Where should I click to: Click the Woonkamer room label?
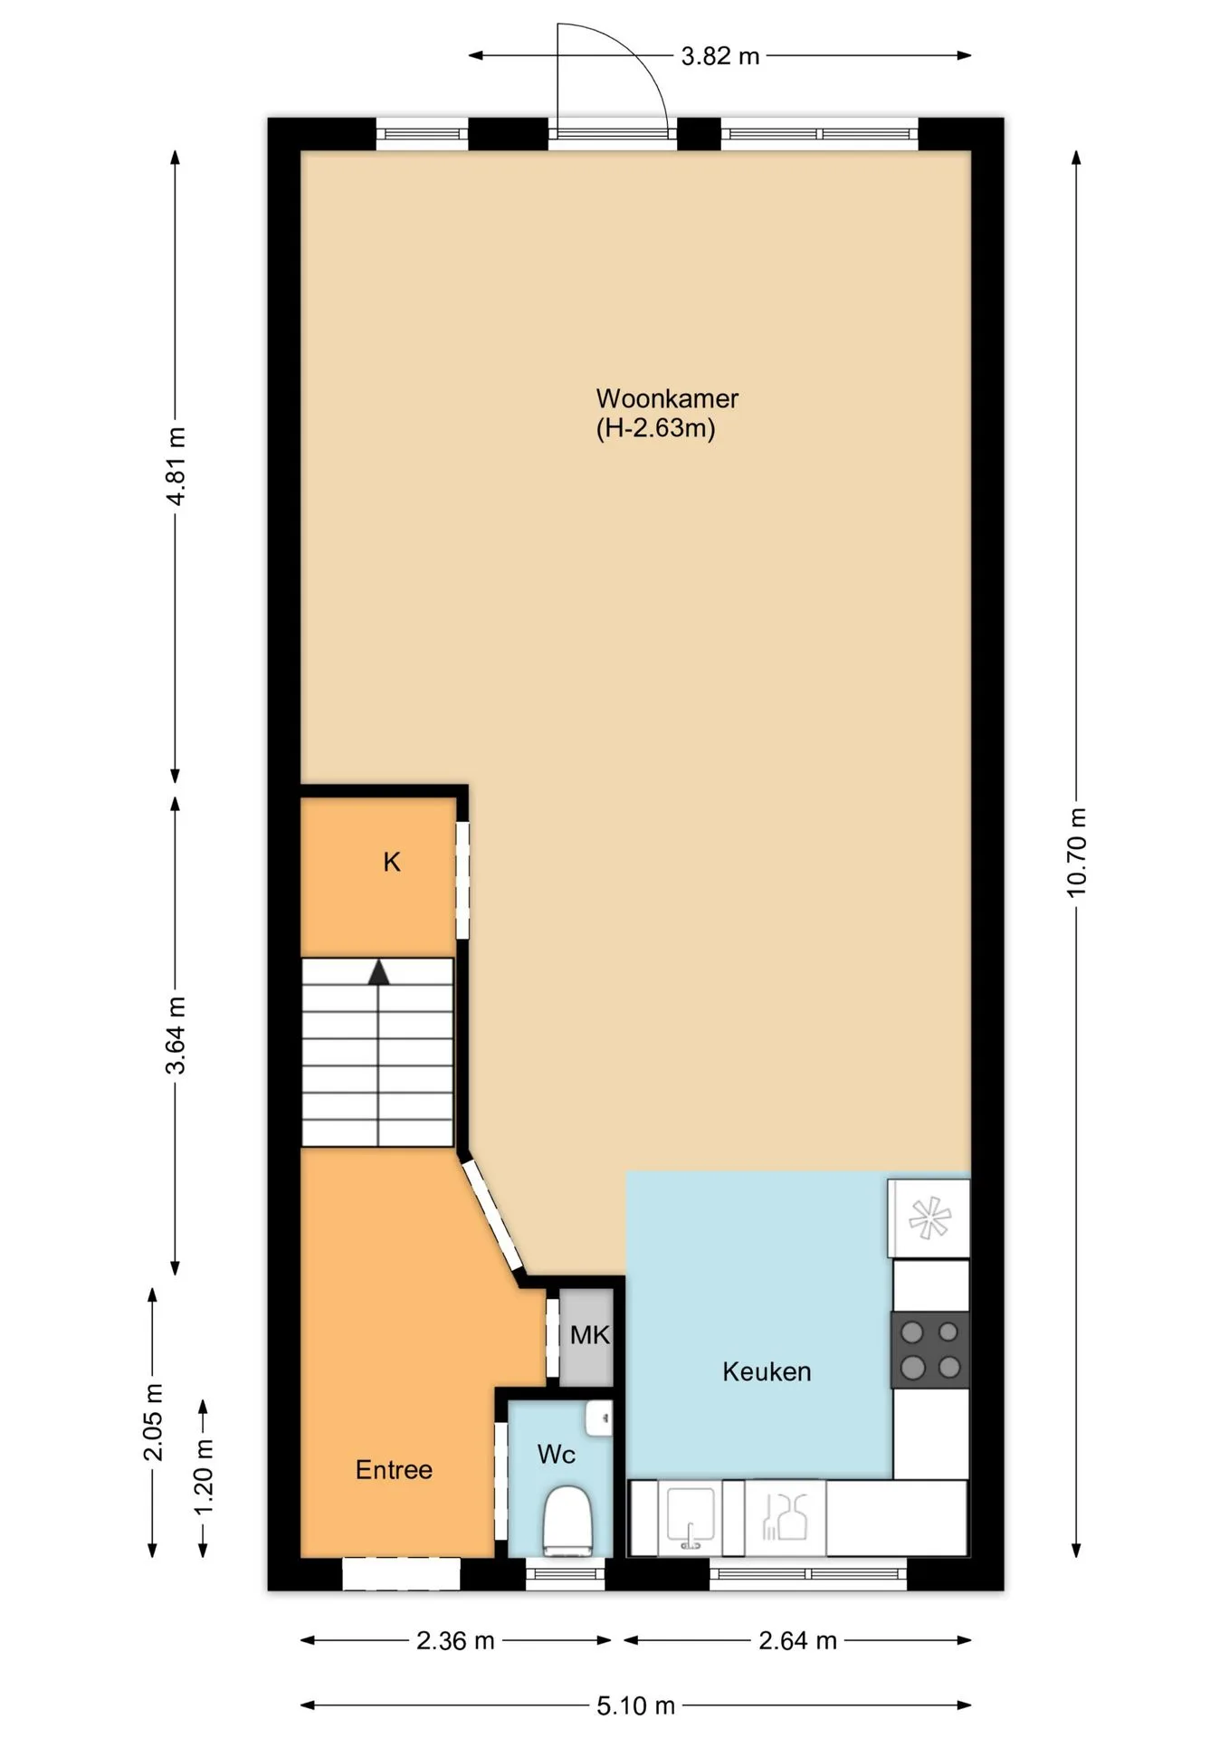point(667,398)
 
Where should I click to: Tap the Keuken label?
point(767,1371)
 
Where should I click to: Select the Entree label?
point(394,1469)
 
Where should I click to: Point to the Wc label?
point(557,1455)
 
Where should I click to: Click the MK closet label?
point(590,1334)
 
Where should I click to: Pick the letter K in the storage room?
point(392,862)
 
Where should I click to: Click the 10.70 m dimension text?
point(1075,853)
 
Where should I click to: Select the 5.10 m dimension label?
point(635,1705)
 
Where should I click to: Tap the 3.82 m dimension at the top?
point(720,56)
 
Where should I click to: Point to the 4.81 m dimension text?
point(176,466)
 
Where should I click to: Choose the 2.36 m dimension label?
point(455,1640)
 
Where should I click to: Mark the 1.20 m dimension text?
point(204,1476)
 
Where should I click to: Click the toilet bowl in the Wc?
point(567,1521)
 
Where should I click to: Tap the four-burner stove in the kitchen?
point(930,1350)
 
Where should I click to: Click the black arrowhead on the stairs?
point(378,972)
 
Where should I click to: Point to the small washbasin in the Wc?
point(599,1418)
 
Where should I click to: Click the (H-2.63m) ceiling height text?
point(655,428)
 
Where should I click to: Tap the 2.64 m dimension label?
point(797,1640)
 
